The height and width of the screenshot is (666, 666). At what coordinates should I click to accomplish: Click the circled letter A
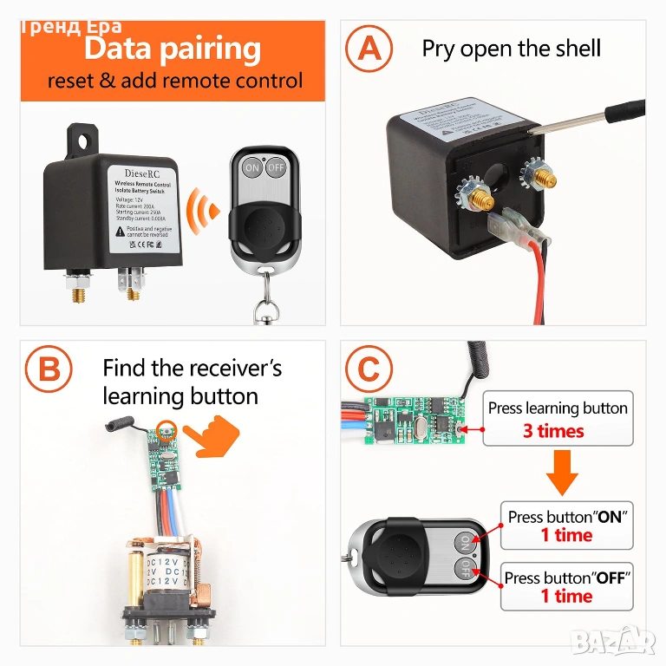click(x=369, y=48)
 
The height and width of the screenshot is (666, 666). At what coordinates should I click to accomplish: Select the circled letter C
click(x=369, y=370)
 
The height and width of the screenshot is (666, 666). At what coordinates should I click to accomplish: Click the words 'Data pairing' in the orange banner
click(x=173, y=49)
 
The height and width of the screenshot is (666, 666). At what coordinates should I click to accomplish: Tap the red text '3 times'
click(x=553, y=431)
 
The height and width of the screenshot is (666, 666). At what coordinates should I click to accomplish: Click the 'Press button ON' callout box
click(x=567, y=526)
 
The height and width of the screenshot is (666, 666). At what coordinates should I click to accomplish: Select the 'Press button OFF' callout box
click(x=567, y=586)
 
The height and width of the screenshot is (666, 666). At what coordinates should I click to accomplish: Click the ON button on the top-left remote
click(x=252, y=166)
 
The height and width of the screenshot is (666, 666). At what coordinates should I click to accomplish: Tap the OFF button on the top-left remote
click(x=276, y=166)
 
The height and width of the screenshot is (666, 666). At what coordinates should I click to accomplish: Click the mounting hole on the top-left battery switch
click(x=85, y=137)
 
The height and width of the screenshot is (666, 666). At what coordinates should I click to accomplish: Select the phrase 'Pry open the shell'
click(x=511, y=48)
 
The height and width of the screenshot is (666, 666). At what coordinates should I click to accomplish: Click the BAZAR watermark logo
click(x=624, y=643)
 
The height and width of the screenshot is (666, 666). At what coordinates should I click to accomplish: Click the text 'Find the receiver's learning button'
click(x=193, y=382)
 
